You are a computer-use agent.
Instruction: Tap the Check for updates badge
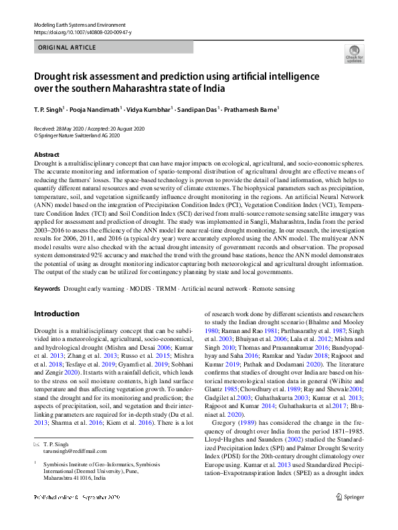(x=353, y=54)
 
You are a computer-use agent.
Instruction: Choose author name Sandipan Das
(x=199, y=108)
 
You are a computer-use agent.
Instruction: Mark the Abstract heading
(x=46, y=155)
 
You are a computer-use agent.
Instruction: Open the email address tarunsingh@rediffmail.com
(x=70, y=452)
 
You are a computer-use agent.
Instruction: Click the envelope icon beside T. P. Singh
(x=37, y=445)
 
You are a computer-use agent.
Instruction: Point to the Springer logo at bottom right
(x=349, y=515)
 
